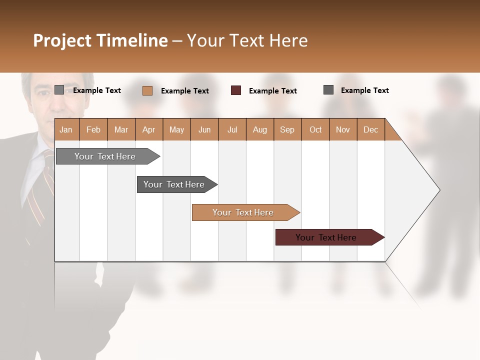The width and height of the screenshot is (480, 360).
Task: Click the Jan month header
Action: click(66, 129)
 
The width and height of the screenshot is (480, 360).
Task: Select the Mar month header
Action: click(121, 129)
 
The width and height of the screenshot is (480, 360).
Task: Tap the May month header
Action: click(176, 129)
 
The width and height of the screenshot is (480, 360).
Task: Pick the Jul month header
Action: click(232, 129)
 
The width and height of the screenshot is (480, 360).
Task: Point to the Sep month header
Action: click(287, 129)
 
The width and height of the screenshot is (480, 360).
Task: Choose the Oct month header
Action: click(315, 129)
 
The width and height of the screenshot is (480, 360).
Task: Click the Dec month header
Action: click(370, 129)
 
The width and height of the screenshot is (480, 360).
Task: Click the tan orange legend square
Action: click(147, 90)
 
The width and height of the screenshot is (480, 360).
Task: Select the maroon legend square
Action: click(236, 90)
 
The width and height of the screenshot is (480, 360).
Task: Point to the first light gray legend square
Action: click(59, 90)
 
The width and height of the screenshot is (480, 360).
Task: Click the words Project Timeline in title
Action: click(100, 40)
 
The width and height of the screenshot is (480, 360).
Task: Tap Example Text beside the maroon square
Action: click(272, 91)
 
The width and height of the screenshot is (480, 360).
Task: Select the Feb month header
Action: click(93, 129)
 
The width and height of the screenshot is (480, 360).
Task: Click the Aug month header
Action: click(259, 129)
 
